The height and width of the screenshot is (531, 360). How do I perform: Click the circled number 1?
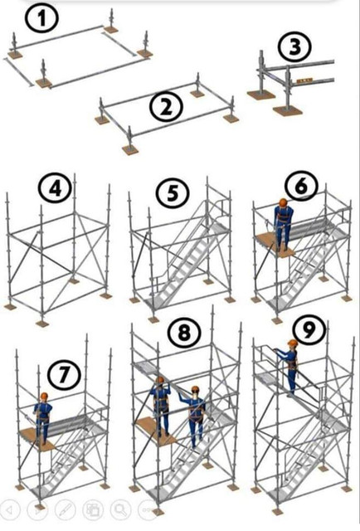pyautogui.click(x=42, y=19)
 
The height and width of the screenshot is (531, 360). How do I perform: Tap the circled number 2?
pyautogui.click(x=166, y=107)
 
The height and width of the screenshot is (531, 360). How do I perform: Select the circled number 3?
pyautogui.click(x=294, y=47)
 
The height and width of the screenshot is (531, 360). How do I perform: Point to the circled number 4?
pyautogui.click(x=56, y=188)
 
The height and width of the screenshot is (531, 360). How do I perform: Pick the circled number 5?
pyautogui.click(x=173, y=193)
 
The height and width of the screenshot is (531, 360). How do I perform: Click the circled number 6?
pyautogui.click(x=301, y=186)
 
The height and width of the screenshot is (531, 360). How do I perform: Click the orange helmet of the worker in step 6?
pyautogui.click(x=283, y=202)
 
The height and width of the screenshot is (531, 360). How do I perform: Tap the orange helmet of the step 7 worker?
pyautogui.click(x=44, y=397)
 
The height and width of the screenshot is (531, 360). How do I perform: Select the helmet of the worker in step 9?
pyautogui.click(x=293, y=343)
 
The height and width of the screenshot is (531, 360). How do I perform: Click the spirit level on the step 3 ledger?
pyautogui.click(x=304, y=80)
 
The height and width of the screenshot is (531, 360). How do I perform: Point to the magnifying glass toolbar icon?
pyautogui.click(x=121, y=509)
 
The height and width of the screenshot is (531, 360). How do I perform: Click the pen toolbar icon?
pyautogui.click(x=65, y=509)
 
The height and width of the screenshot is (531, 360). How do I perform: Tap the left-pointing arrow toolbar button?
pyautogui.click(x=9, y=509)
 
